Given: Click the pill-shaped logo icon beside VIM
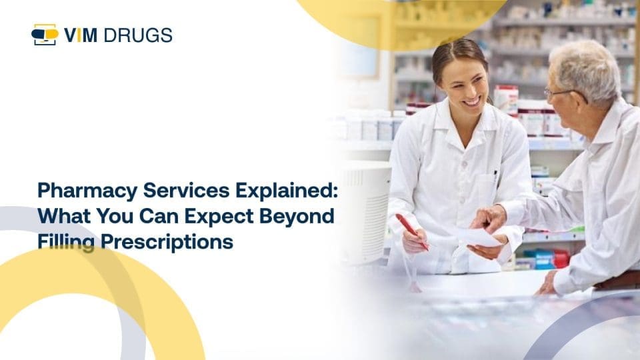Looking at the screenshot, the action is (x=45, y=35).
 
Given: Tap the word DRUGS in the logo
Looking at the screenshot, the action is (x=138, y=35).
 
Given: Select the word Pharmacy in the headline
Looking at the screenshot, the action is (x=87, y=191).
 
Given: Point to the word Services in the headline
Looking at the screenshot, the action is (x=187, y=190).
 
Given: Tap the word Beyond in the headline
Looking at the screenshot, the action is (x=297, y=217).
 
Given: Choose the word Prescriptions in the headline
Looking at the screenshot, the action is (x=167, y=242).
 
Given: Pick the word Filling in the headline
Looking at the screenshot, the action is (x=66, y=242).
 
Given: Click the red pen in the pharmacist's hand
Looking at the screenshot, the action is (x=412, y=232).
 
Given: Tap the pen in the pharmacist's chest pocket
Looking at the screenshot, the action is (x=495, y=176).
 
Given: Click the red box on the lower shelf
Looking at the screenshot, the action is (x=561, y=259).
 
